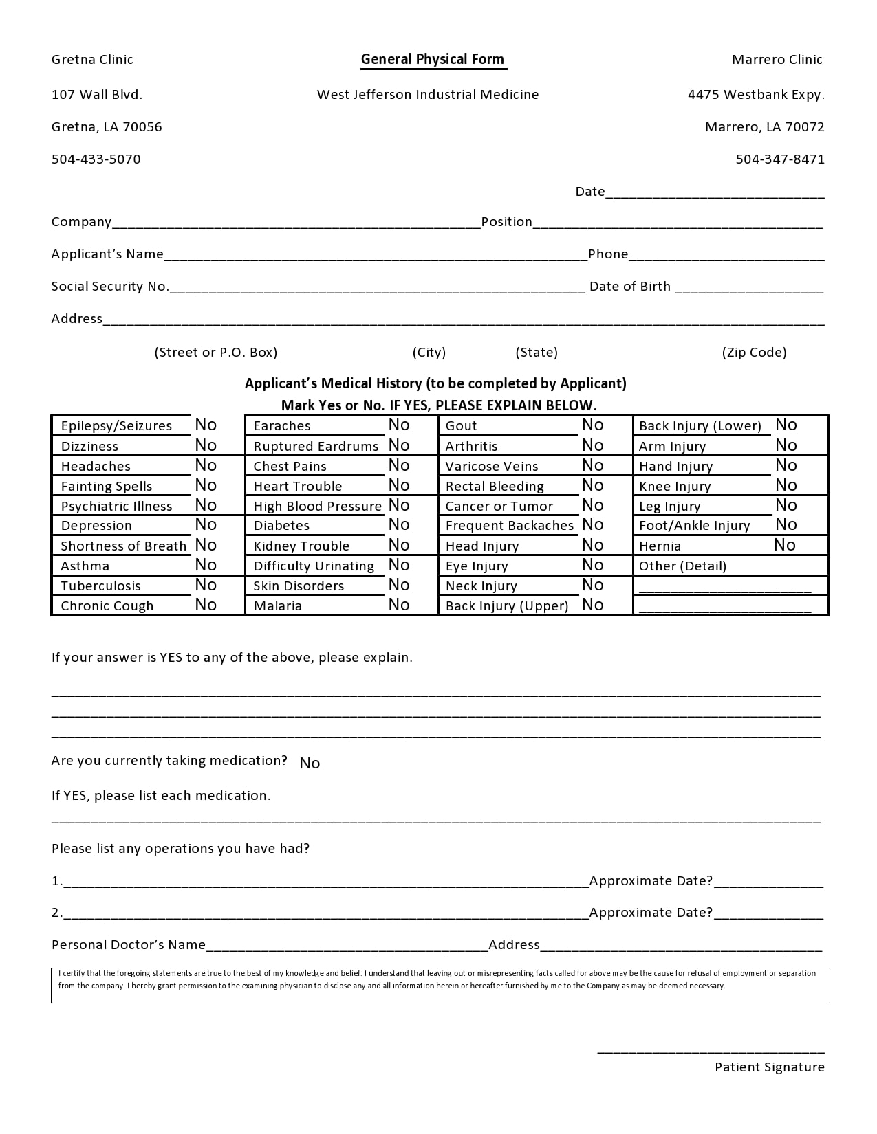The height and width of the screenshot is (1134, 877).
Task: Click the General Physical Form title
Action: tap(433, 60)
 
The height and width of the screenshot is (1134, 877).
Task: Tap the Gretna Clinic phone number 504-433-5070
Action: tap(96, 159)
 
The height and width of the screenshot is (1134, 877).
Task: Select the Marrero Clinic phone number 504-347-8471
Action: tap(780, 159)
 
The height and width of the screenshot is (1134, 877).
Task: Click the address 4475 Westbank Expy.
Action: tap(756, 95)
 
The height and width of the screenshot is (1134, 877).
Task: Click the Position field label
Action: tap(507, 222)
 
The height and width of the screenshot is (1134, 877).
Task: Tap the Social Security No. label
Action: tap(110, 287)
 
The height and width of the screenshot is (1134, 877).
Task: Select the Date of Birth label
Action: tap(630, 287)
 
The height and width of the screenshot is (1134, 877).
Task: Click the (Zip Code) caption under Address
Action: tap(754, 353)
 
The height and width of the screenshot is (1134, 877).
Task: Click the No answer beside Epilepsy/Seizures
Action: tap(206, 425)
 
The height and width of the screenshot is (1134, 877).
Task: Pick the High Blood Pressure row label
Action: tap(317, 507)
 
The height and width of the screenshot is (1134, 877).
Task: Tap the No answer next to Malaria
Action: tap(399, 605)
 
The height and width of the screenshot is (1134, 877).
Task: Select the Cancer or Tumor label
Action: tap(499, 507)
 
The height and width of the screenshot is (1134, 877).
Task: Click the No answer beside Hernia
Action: tap(785, 545)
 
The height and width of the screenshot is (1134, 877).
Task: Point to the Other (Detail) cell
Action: tap(683, 566)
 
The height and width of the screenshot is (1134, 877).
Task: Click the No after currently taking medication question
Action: tap(310, 764)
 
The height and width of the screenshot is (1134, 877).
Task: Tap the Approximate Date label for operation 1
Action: tap(651, 881)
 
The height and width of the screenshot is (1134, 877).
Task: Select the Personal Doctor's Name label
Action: tap(129, 945)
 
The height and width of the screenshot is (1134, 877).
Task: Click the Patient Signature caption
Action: tap(769, 1067)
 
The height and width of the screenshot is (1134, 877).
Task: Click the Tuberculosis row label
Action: tap(101, 586)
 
